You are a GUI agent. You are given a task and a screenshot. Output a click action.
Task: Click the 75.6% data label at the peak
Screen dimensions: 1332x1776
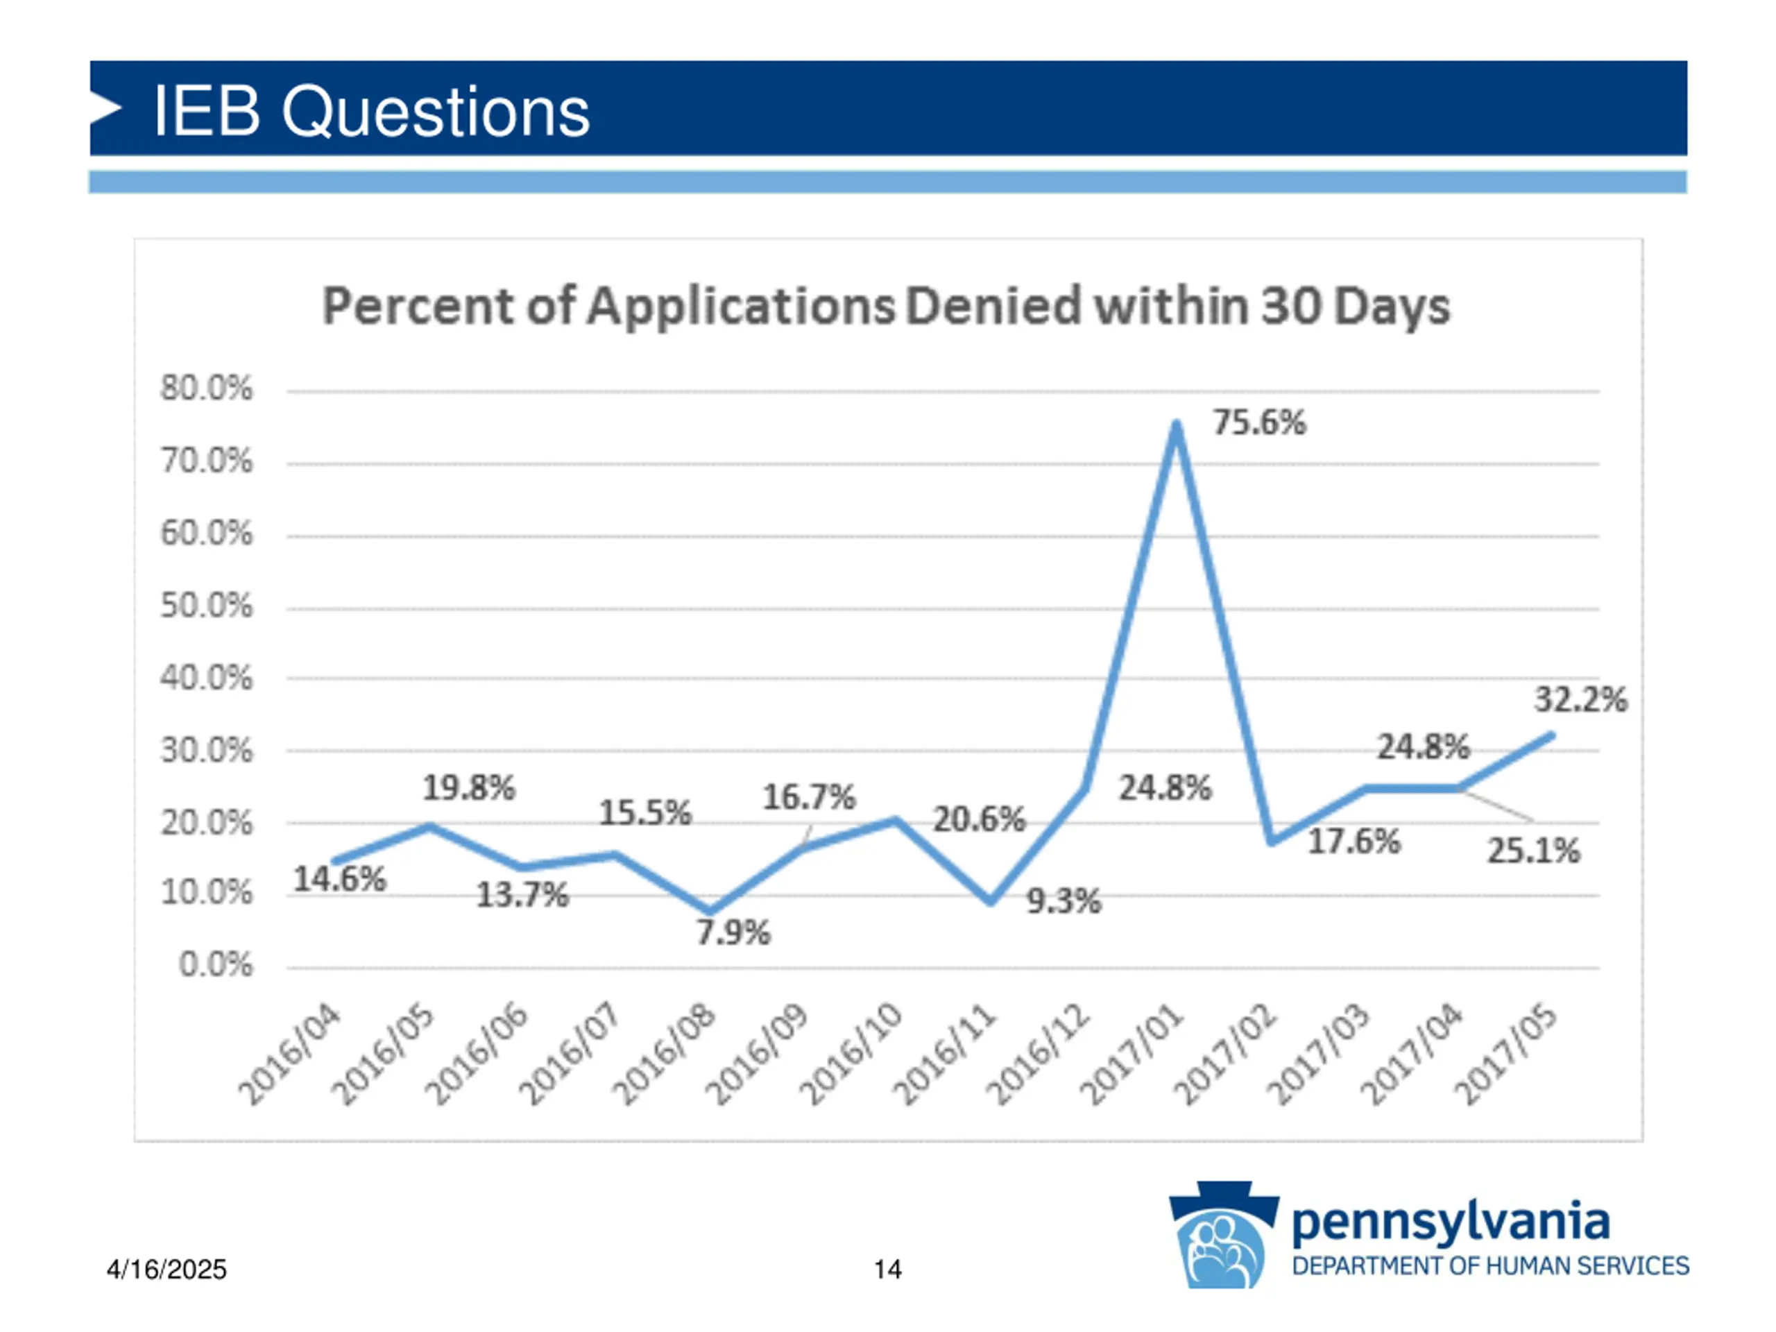pyautogui.click(x=1259, y=422)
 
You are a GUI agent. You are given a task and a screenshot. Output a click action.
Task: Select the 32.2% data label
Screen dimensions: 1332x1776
pyautogui.click(x=1580, y=699)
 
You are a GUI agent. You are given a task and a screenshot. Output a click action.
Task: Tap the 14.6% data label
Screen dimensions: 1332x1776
pyautogui.click(x=340, y=878)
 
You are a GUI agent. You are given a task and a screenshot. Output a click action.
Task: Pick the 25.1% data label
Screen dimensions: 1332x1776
pyautogui.click(x=1532, y=851)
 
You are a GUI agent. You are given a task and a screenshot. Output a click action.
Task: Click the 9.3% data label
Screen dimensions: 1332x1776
pyautogui.click(x=1064, y=901)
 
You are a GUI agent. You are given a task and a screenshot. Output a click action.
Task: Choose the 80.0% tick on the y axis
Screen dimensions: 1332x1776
pyautogui.click(x=206, y=388)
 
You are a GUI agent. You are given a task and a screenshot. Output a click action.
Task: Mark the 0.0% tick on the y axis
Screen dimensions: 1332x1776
pyautogui.click(x=215, y=964)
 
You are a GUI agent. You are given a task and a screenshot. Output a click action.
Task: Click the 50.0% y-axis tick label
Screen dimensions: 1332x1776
pyautogui.click(x=206, y=606)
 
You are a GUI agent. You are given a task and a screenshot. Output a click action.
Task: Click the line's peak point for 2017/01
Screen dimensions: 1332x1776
pyautogui.click(x=1176, y=424)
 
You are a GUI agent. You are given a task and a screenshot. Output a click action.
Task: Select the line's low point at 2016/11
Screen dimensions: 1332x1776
pyautogui.click(x=991, y=901)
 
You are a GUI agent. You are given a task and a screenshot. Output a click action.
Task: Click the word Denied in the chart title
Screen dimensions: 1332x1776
pyautogui.click(x=994, y=306)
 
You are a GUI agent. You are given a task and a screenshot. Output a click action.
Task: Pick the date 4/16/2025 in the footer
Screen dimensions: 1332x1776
pyautogui.click(x=166, y=1270)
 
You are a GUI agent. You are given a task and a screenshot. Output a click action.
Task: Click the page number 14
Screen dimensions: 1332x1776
pyautogui.click(x=887, y=1270)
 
